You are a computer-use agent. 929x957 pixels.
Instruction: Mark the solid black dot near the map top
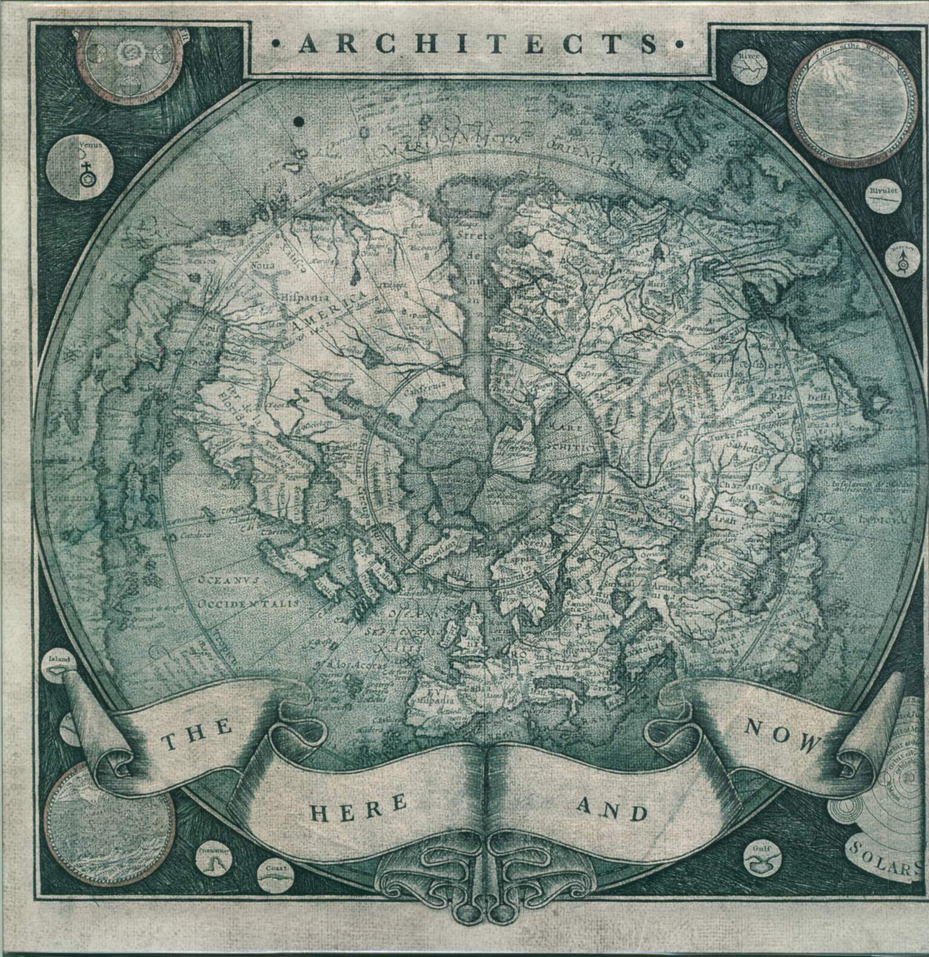pyautogui.click(x=298, y=122)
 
